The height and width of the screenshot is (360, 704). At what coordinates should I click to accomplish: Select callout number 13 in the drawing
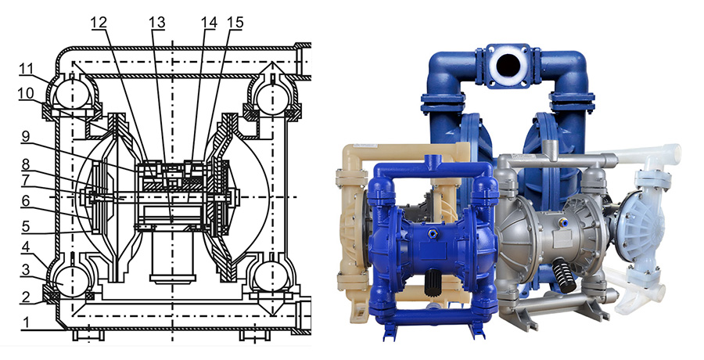click(x=158, y=22)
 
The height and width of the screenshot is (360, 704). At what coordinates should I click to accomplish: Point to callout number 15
click(x=232, y=22)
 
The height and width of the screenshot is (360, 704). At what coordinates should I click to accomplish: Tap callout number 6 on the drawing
click(x=25, y=200)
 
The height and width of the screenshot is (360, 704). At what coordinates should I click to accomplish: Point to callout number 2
click(x=25, y=297)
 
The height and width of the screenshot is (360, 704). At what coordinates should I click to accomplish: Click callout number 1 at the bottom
click(x=25, y=322)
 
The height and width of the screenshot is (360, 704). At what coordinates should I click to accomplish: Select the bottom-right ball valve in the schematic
click(x=270, y=278)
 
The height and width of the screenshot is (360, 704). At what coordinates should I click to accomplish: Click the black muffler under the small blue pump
click(x=428, y=289)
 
